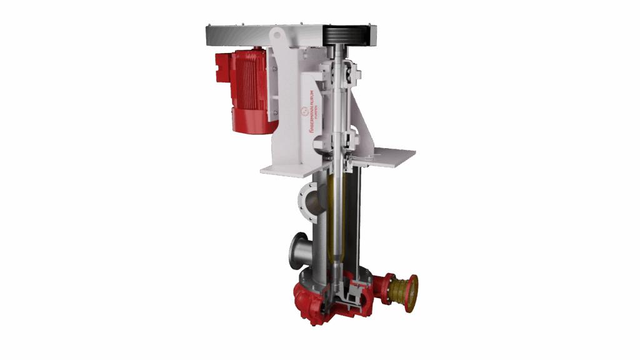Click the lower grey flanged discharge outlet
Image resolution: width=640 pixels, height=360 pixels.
coord(297,251)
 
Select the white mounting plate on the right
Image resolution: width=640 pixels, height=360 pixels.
coord(391,157)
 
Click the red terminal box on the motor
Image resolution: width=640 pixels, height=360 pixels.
coord(222,67)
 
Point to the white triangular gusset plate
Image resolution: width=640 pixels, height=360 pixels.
coord(362,125)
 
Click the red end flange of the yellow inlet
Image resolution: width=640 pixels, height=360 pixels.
coord(412,292)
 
